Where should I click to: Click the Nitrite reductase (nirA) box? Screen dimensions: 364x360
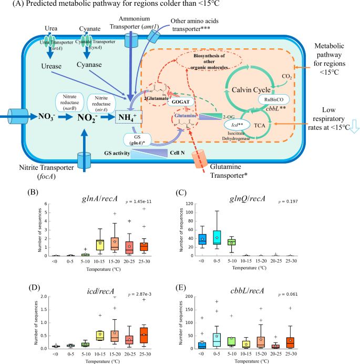click(x=105, y=100)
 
